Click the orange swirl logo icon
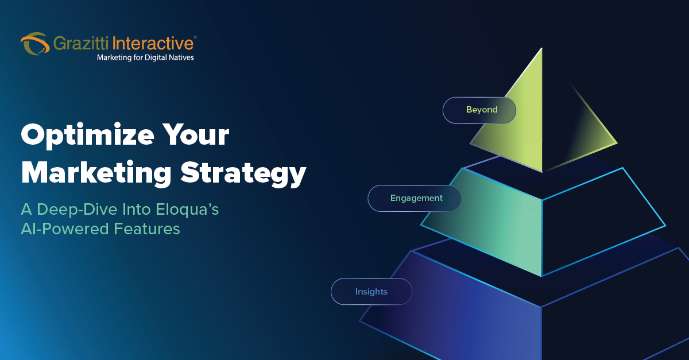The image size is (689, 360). click(34, 44)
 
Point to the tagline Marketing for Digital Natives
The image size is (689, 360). click(145, 57)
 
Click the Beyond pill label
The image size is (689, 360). click(479, 110)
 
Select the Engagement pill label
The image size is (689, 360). click(415, 198)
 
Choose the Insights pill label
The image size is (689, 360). click(371, 292)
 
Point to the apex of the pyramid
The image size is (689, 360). click(541, 49)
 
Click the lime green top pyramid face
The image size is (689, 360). click(520, 126)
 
